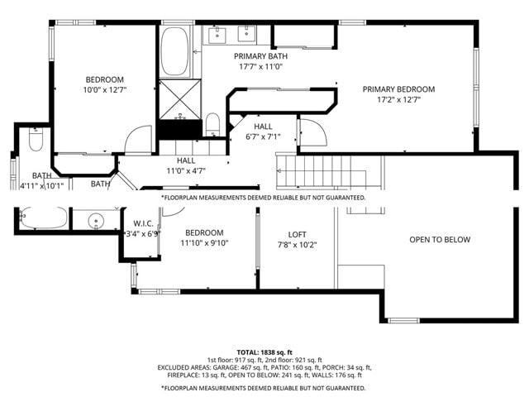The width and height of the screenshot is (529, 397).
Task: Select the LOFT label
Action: coord(297,234)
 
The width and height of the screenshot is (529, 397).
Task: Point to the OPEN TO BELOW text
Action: coord(440,240)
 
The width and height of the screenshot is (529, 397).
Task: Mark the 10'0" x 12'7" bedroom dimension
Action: coord(104,90)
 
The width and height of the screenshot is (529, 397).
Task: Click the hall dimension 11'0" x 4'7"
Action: coord(186,171)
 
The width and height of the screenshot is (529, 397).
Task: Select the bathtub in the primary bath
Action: coord(174,52)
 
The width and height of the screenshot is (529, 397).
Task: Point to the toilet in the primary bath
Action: coord(212,125)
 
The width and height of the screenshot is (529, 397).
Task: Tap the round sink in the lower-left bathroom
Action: coord(97,220)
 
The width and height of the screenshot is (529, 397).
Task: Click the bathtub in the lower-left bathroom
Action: coord(42,218)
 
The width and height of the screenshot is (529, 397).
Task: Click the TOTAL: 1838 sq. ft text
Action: coord(264,352)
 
